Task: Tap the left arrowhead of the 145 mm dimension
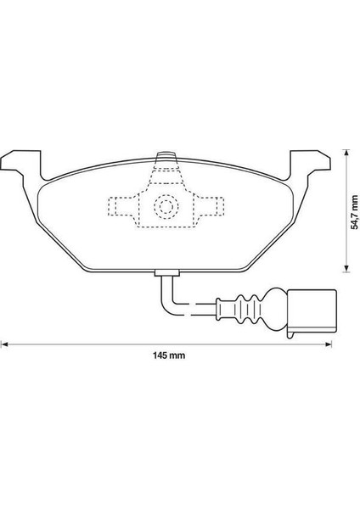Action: click(5, 344)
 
